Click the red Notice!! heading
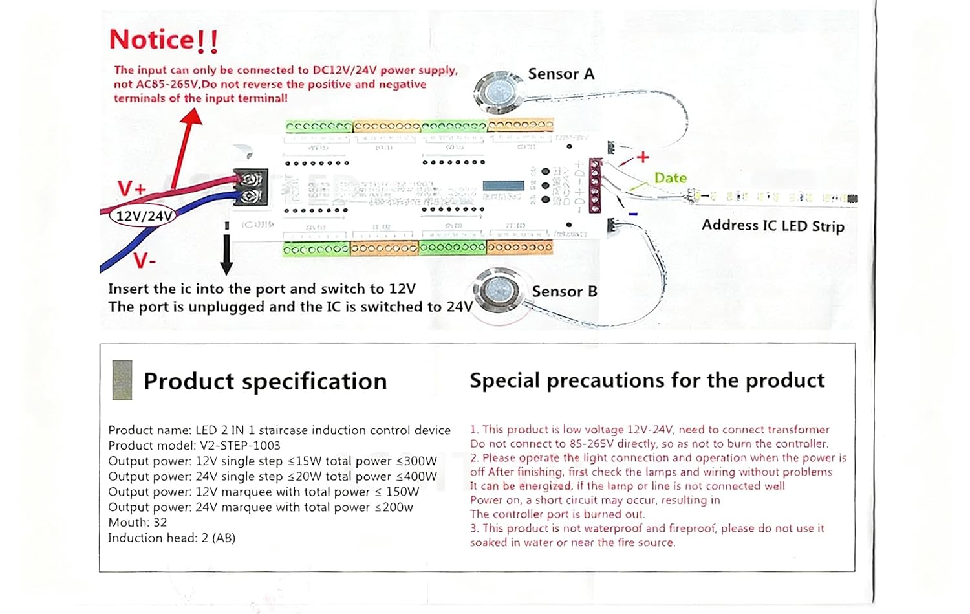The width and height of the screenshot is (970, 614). coord(164,40)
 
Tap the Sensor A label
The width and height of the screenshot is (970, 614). coord(561,74)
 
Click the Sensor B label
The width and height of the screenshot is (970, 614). coord(564,291)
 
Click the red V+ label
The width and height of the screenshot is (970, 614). coord(131,189)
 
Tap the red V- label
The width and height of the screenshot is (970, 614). coord(145,261)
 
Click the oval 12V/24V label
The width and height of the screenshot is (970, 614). coord(144,215)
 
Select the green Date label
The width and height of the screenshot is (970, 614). coord(670,178)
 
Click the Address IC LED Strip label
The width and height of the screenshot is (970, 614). coord(773,225)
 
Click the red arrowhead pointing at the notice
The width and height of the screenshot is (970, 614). coord(191,117)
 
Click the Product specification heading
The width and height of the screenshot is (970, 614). coord(265,381)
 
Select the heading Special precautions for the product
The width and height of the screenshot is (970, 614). coord(647,380)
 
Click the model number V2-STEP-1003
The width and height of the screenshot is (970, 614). coord(240,445)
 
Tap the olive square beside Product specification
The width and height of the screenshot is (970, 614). coord(122,380)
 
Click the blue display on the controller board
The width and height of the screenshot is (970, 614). coord(503,186)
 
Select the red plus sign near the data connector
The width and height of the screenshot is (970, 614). coord(642,157)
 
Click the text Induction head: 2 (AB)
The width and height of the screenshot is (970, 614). coord(171,538)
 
